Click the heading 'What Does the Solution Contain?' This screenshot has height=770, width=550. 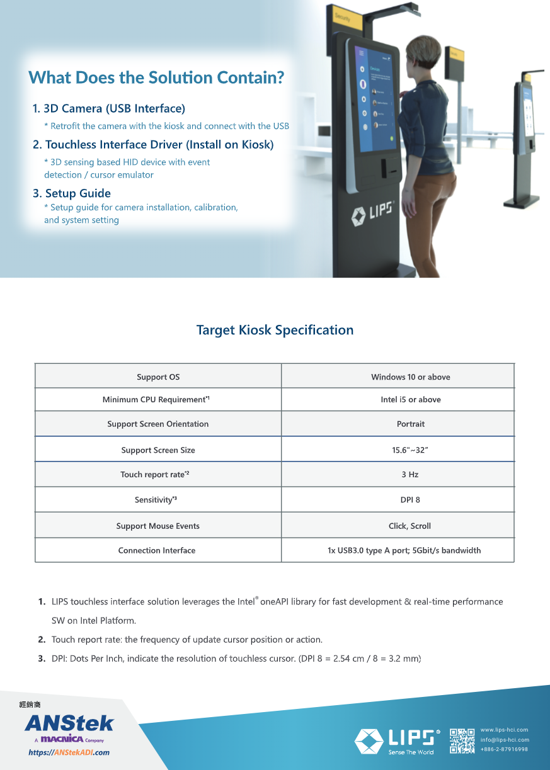[156, 77]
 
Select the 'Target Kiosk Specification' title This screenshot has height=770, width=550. [275, 330]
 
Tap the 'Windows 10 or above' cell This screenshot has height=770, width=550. [410, 377]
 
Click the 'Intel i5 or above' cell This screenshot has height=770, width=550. [410, 400]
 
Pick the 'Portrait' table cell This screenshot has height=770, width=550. [410, 424]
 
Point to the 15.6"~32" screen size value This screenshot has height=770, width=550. [410, 450]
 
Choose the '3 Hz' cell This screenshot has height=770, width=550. [410, 475]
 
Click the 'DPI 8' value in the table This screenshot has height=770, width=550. [410, 500]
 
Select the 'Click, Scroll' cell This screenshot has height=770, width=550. [410, 526]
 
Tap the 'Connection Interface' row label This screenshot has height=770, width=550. [157, 550]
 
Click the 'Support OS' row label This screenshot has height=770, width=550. [158, 377]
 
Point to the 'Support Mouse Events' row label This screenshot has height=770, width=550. [158, 526]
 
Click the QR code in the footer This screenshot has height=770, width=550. [462, 741]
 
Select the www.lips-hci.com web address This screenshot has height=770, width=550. [504, 730]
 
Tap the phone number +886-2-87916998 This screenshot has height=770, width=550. [504, 749]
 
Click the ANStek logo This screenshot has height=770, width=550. [69, 723]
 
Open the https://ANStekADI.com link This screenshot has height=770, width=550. [69, 752]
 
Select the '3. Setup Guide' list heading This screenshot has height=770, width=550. [72, 193]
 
